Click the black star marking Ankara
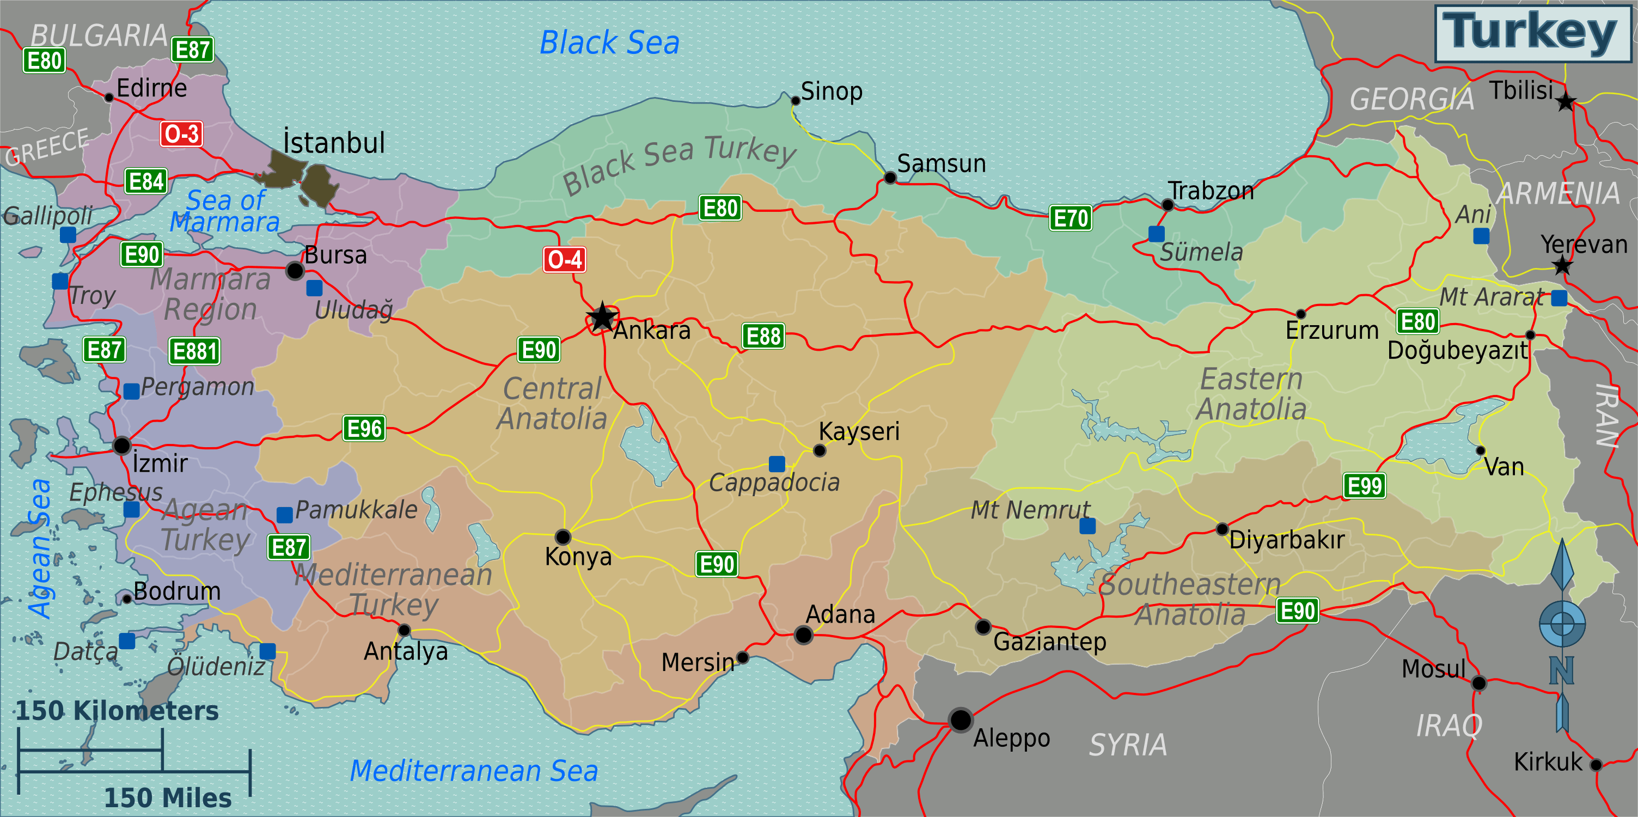pos(602,316)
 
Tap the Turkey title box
pos(1532,33)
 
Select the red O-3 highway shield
pos(181,134)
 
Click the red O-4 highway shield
pos(564,259)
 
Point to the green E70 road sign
pos(1071,218)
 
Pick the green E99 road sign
pos(1364,486)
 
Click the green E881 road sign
pos(194,351)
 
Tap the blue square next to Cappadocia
pos(777,464)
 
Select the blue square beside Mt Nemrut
pos(1087,526)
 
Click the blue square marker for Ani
pos(1481,236)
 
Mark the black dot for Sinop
pos(795,100)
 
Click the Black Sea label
pos(609,43)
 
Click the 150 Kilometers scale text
pos(117,711)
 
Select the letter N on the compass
pos(1561,671)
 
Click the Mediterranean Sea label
pos(474,771)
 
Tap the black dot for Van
pos(1480,450)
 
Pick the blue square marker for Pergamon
pos(132,391)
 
